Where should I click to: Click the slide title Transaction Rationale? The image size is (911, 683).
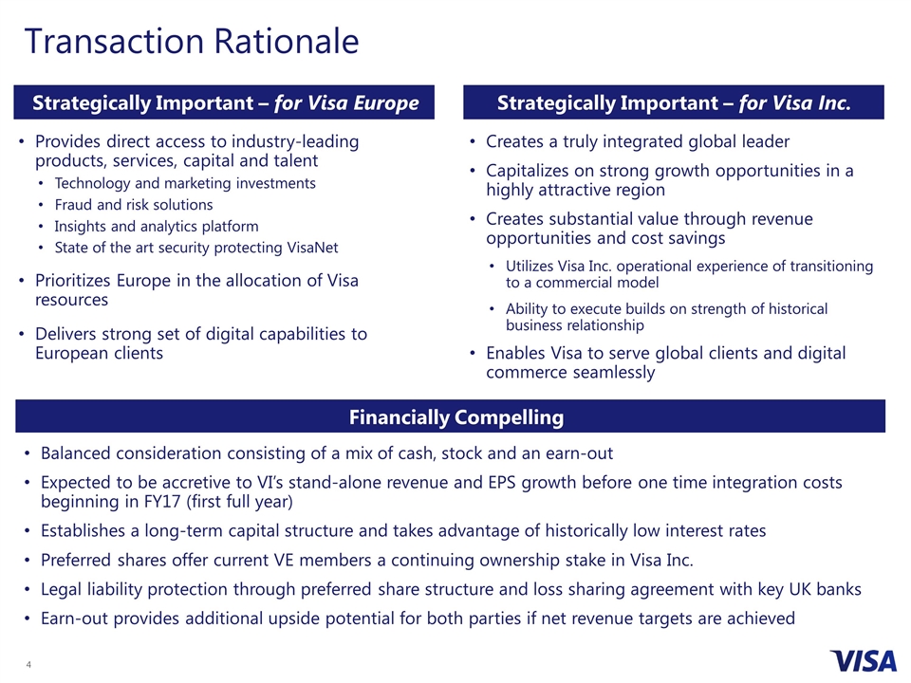192,42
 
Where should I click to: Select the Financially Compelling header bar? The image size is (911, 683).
455,417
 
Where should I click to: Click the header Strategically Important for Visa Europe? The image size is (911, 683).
226,102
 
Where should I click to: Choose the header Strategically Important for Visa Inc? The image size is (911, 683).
673,102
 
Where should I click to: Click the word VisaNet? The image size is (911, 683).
307,248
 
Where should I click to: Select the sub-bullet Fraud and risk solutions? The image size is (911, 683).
134,204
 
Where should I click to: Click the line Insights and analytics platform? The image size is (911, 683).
156,226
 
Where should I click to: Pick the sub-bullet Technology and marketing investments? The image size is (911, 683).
185,182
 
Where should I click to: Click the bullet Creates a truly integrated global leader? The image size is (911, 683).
637,141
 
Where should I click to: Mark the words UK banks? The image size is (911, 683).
817,589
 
